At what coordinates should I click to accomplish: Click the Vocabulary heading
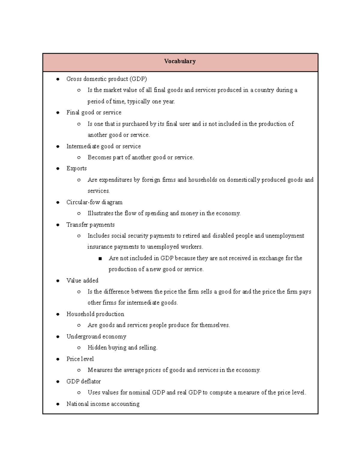point(180,61)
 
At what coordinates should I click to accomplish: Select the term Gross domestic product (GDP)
point(106,79)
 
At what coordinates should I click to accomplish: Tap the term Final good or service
point(94,113)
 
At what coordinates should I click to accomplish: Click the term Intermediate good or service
point(103,146)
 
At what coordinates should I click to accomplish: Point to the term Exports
point(76,168)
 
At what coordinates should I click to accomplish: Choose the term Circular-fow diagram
point(94,202)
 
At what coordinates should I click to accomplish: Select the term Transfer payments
point(90,225)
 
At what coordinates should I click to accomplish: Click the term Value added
point(82,281)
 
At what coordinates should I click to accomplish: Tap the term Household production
point(95,314)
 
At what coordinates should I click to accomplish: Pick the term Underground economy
point(96,337)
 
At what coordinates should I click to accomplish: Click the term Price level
point(80,359)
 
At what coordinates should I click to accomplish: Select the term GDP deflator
point(83,381)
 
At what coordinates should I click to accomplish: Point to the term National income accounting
point(103,404)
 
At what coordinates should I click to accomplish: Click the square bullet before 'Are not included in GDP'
point(100,258)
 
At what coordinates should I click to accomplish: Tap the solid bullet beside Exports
point(58,169)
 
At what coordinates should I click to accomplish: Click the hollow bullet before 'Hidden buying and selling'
point(79,348)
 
